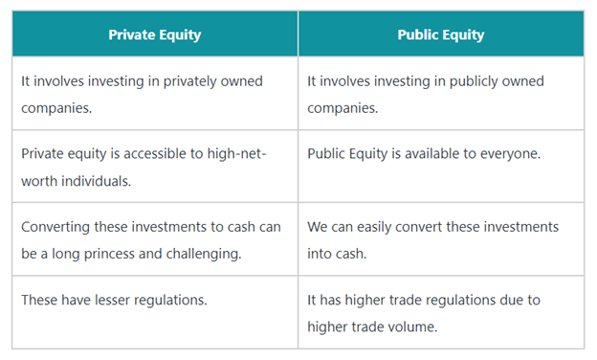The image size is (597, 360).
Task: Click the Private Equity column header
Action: pyautogui.click(x=154, y=34)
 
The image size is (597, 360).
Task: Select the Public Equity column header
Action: pyautogui.click(x=440, y=34)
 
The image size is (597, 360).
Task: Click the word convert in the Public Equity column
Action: pyautogui.click(x=435, y=227)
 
